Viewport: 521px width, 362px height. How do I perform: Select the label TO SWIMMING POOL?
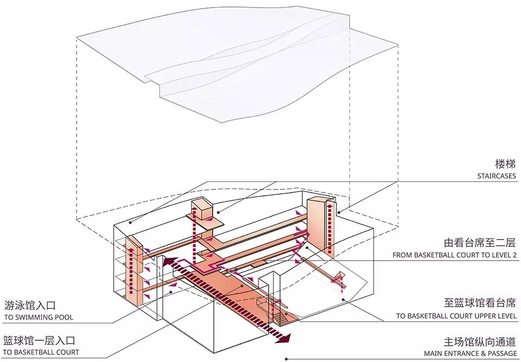(39, 317)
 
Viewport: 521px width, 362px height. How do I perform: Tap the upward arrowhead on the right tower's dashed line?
(329, 205)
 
